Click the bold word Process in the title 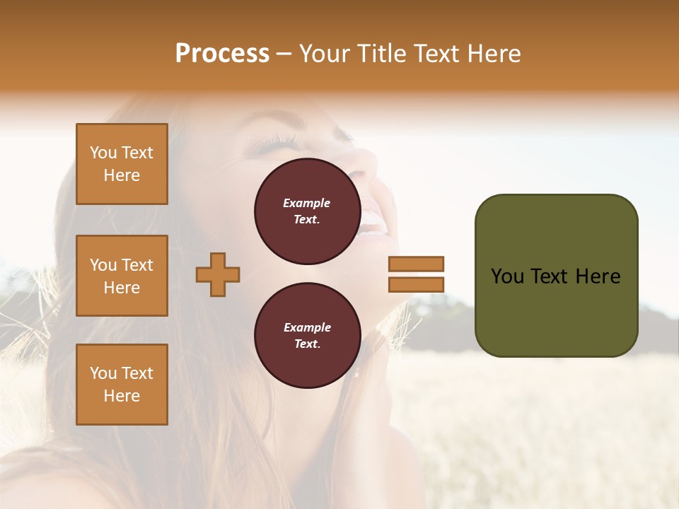(222, 54)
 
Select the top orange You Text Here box (122, 164)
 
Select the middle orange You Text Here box (122, 276)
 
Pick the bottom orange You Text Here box (122, 385)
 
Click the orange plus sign (218, 274)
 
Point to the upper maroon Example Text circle (307, 211)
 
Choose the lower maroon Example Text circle (307, 336)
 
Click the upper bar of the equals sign (417, 264)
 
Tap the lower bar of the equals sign (417, 284)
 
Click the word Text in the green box (555, 276)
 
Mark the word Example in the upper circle (307, 203)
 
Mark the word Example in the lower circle (307, 327)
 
